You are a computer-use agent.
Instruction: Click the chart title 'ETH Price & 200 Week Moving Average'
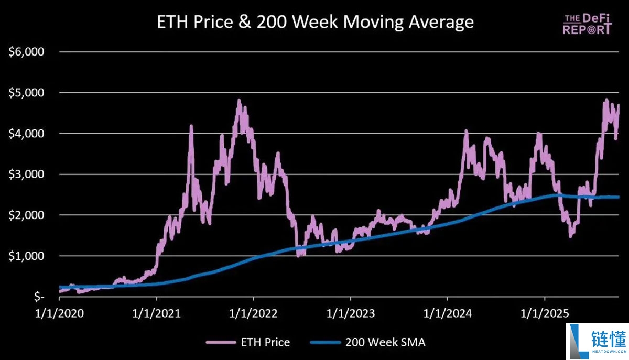(316, 22)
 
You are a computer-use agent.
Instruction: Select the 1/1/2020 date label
(59, 313)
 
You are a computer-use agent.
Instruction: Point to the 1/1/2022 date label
(253, 313)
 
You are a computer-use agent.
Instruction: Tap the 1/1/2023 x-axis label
(350, 313)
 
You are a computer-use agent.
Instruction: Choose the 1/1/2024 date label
(447, 313)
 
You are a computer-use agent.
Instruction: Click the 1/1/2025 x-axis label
(544, 313)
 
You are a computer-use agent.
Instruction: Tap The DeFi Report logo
(587, 24)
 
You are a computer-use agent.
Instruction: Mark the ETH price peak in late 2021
(239, 100)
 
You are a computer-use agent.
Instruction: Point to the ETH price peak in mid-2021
(191, 126)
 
